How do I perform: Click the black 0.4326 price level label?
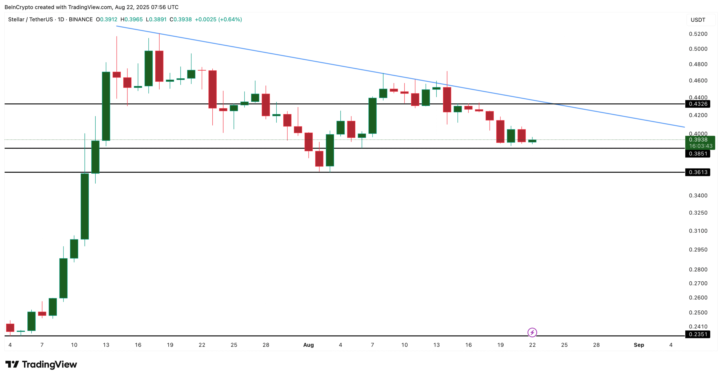(697, 104)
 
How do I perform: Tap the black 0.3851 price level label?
(697, 154)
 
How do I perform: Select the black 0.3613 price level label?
(697, 172)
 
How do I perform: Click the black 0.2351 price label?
(697, 334)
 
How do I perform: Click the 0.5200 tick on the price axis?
(698, 34)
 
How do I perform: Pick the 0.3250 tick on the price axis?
(698, 213)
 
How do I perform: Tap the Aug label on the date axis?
(308, 345)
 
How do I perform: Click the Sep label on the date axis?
(639, 345)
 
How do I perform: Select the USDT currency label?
(697, 20)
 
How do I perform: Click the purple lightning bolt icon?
(532, 333)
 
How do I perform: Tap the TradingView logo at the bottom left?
(41, 364)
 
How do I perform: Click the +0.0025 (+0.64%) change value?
(218, 19)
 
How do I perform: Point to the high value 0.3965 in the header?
(133, 19)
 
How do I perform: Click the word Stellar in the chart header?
(16, 19)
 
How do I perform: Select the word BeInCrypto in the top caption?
(19, 7)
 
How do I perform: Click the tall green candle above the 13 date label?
(106, 106)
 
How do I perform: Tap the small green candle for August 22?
(532, 141)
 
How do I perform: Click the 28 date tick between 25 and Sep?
(596, 345)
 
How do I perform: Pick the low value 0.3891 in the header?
(158, 19)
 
